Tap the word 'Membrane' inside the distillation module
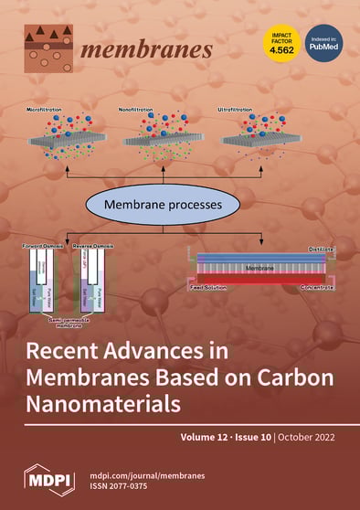pyautogui.click(x=260, y=268)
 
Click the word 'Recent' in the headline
pyautogui.click(x=68, y=351)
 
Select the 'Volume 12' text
pyautogui.click(x=206, y=438)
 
